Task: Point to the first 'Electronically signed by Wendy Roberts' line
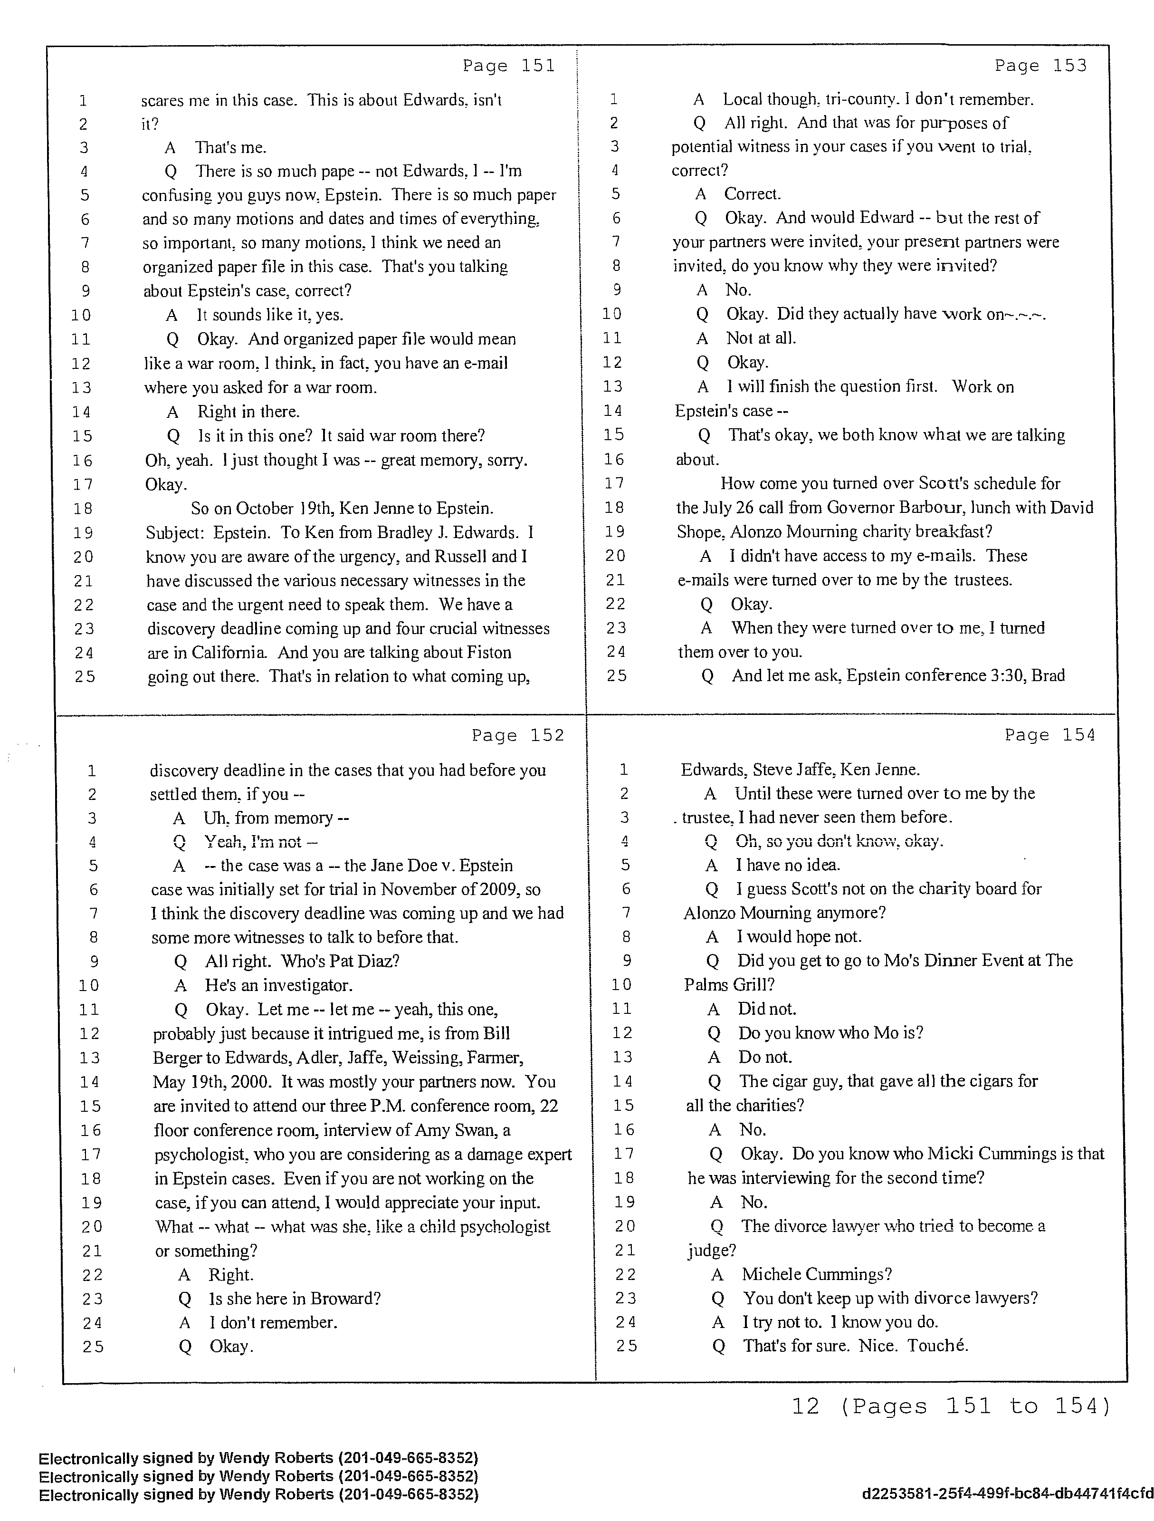click(258, 1458)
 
